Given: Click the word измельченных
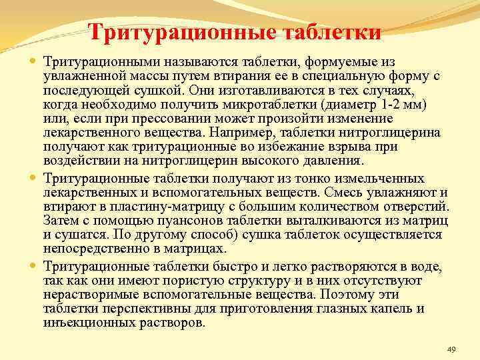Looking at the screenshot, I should (385, 179).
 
